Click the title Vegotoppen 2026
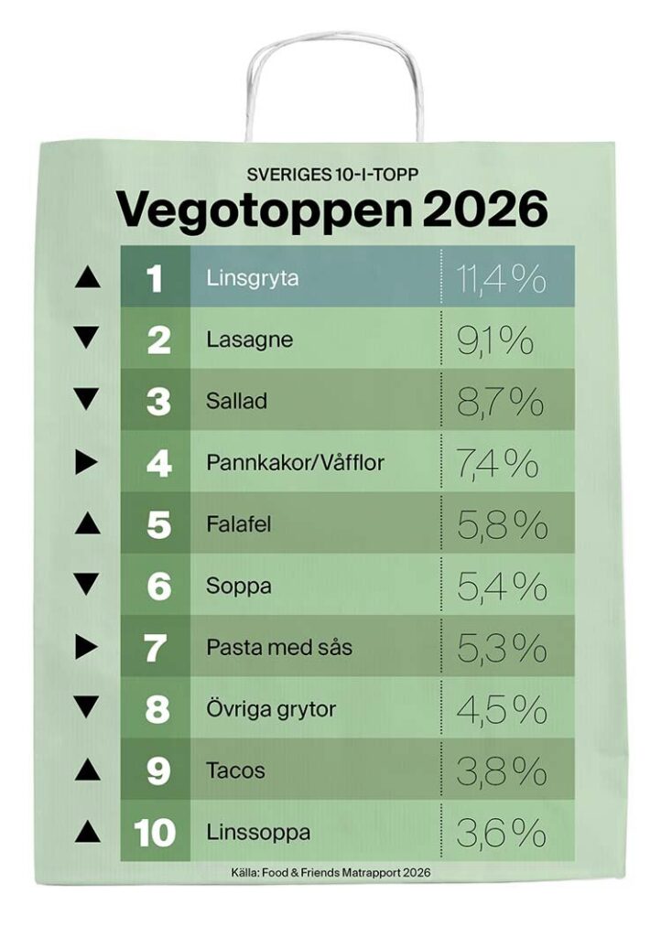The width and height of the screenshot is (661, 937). tap(331, 210)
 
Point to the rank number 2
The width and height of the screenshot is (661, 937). tap(158, 339)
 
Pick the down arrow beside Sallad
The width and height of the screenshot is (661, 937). tap(87, 400)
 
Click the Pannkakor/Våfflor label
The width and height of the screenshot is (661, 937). tap(295, 463)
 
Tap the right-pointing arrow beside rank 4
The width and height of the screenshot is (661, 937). tap(87, 463)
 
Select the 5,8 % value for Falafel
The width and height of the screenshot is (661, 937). tap(502, 524)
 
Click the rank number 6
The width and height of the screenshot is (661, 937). tap(158, 586)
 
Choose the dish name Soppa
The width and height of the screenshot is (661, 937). tap(238, 586)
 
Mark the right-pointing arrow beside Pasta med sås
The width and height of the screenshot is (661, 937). tap(87, 648)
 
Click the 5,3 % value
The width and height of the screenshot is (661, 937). tap(502, 648)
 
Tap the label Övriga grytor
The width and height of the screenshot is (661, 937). tap(271, 709)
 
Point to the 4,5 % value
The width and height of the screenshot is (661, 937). tap(502, 709)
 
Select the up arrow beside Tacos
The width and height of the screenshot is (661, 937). tap(87, 770)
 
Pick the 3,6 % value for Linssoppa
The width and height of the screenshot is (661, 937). tap(502, 833)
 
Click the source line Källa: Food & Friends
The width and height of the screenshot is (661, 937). tap(331, 872)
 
